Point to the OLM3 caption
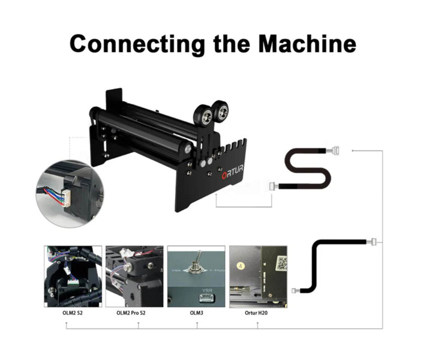(x=196, y=313)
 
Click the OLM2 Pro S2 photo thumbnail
(x=134, y=276)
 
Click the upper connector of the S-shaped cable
(x=336, y=151)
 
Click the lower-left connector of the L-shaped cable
(x=295, y=290)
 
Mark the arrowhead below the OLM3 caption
(x=196, y=324)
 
